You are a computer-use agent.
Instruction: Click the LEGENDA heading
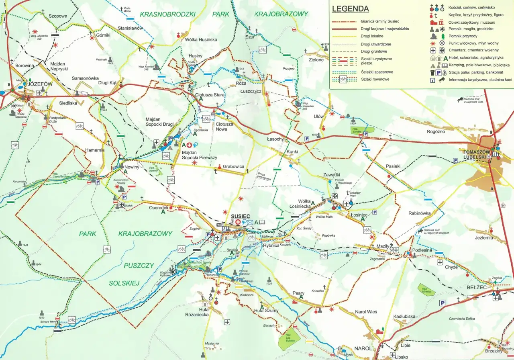tap(350, 9)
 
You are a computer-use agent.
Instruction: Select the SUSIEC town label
tap(241, 216)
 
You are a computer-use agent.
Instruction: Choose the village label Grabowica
tap(234, 166)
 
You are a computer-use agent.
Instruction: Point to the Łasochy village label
tap(275, 139)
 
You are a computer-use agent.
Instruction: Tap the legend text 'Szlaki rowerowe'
tap(375, 80)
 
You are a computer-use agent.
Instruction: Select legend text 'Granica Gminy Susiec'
tap(382, 21)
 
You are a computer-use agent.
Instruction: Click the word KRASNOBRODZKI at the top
tap(167, 14)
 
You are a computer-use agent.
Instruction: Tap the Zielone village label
tap(316, 60)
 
